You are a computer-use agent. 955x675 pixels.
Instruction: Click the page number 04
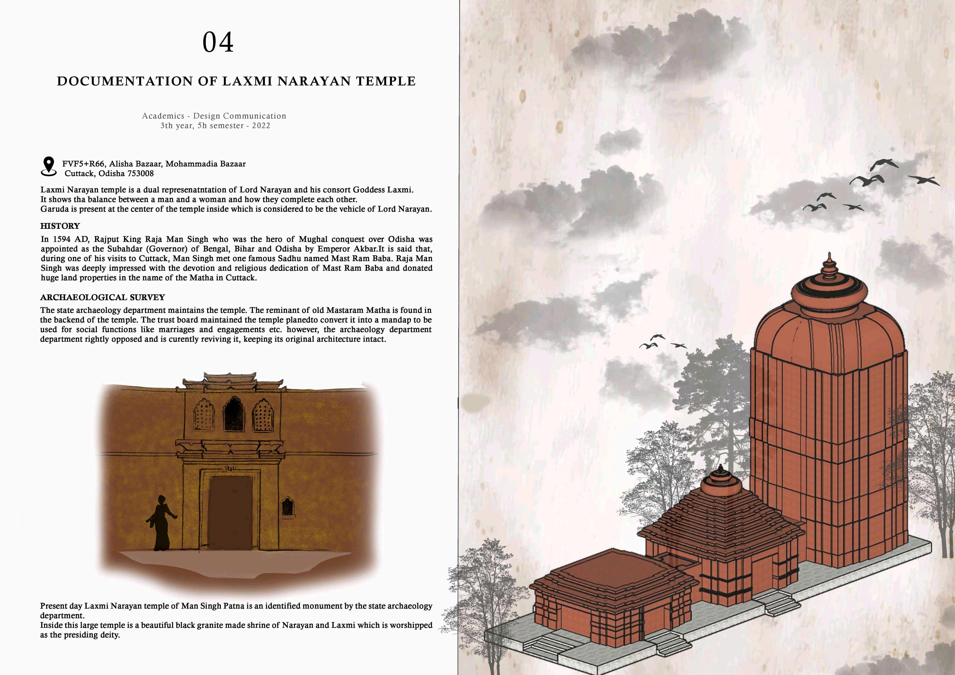click(x=218, y=42)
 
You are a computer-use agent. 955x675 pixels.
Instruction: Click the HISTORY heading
click(x=60, y=226)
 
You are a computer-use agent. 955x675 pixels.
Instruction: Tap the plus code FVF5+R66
click(x=84, y=164)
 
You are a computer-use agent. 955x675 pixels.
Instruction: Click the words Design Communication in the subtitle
click(x=240, y=116)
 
